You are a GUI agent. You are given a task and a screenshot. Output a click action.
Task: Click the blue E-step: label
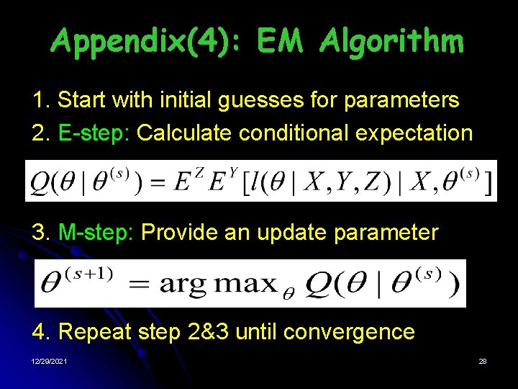pos(91,133)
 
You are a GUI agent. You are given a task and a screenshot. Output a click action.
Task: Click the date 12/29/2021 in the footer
pos(50,361)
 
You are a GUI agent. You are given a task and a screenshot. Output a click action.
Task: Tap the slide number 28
pos(483,361)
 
